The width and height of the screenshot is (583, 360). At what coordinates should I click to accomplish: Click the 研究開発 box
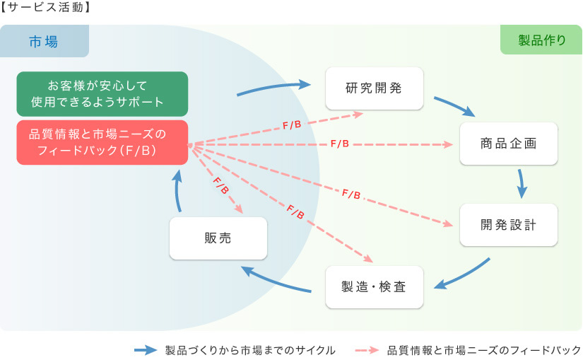(x=375, y=88)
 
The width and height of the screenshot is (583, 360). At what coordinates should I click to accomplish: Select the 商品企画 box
(x=509, y=144)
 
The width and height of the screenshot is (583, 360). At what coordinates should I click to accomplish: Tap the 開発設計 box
(x=509, y=224)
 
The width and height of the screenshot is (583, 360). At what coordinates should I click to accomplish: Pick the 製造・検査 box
(x=375, y=286)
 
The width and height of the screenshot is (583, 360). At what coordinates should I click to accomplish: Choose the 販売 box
(x=218, y=238)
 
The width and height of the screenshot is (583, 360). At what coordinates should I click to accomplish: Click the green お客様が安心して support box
(x=102, y=94)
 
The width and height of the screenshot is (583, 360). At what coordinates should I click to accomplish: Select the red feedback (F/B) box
(x=102, y=142)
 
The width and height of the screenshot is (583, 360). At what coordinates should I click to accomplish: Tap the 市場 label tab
(x=45, y=41)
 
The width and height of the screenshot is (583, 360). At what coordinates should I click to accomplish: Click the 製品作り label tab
(x=541, y=40)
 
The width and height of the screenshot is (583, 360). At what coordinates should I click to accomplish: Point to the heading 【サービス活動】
(x=45, y=7)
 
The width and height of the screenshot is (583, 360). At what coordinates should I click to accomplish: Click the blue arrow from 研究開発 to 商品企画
(x=454, y=106)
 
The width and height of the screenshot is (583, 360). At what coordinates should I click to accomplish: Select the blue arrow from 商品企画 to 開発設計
(x=522, y=184)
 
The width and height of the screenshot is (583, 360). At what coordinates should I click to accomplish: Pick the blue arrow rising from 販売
(x=177, y=191)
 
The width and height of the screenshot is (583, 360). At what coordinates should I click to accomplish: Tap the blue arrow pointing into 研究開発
(x=273, y=87)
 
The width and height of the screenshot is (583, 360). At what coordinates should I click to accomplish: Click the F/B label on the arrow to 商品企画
(x=340, y=144)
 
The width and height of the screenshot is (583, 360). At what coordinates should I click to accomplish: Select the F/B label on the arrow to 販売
(x=221, y=185)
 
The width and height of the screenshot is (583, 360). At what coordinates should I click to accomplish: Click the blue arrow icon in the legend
(x=146, y=350)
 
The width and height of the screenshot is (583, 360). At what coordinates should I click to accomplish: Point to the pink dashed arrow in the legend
(x=367, y=350)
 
